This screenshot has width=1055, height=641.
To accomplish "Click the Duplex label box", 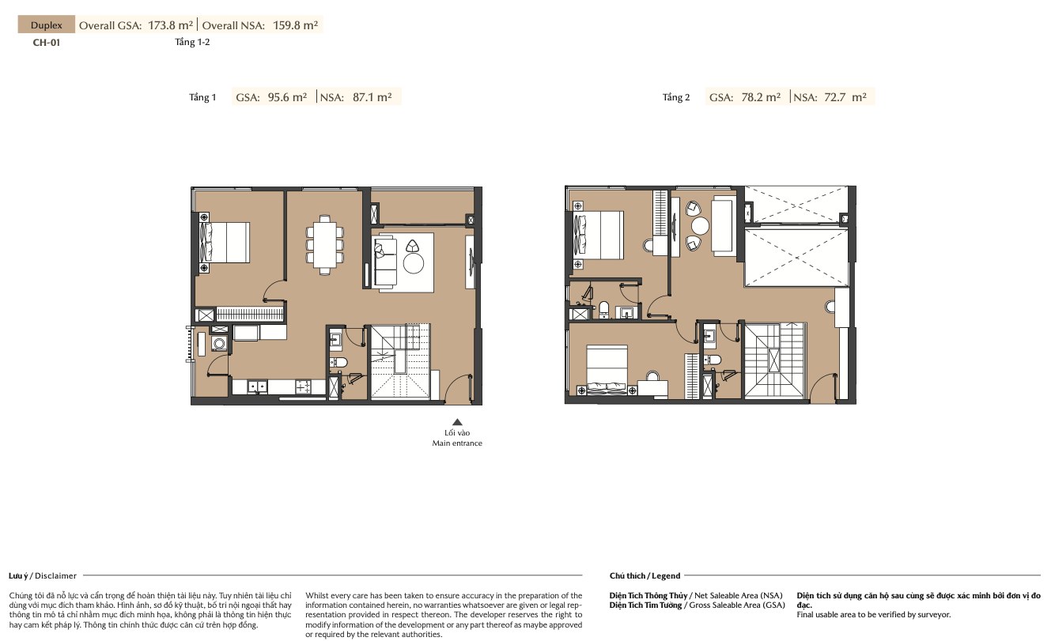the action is (46, 25).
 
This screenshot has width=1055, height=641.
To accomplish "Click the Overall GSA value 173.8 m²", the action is (171, 25).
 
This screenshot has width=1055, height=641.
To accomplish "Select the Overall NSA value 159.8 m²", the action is (295, 25).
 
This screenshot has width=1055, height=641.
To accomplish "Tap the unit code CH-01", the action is (46, 43).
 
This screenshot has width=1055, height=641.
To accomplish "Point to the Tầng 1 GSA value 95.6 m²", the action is (287, 97).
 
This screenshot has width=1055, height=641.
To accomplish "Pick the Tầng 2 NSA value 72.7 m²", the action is (845, 97).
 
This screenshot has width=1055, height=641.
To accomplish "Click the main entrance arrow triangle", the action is (457, 422).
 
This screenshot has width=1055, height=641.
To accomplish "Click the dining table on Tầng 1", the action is (324, 245).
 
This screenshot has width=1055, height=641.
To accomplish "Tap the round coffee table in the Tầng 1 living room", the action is (414, 264).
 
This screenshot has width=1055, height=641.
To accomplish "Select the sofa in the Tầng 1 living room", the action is (384, 262).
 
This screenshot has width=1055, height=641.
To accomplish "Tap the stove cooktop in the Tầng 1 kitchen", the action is (303, 386).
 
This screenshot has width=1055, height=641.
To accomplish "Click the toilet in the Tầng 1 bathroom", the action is (338, 362).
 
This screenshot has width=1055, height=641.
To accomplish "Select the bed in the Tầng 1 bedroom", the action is (224, 243).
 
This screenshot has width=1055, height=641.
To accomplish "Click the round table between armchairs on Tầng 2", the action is (700, 226).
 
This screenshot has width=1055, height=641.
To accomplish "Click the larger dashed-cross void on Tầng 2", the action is (796, 257).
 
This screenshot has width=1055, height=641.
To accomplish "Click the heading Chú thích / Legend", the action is (645, 575).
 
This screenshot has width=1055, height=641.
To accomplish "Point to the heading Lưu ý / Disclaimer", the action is (43, 575).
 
